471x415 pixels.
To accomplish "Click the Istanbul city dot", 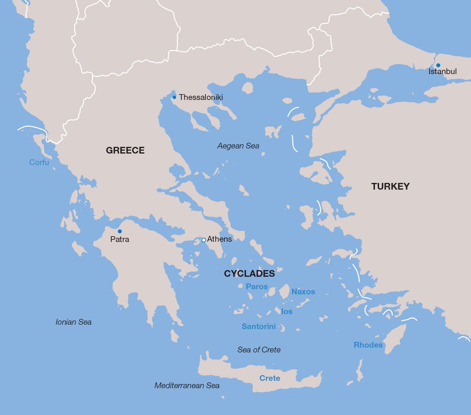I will (438, 65).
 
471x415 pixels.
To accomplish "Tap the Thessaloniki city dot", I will (174, 97).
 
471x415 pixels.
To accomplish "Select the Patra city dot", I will (120, 231).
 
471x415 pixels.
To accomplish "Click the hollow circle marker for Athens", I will (204, 240).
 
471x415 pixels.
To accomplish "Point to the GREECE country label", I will (125, 150).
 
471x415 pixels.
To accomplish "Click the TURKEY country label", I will (390, 186).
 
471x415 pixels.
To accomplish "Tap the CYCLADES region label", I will (249, 274).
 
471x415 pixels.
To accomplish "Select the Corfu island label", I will (39, 162).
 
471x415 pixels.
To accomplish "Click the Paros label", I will (257, 287).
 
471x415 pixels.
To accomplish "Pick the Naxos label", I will (303, 292).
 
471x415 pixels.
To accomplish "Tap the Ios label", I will (287, 312).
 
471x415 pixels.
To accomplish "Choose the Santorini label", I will (258, 327).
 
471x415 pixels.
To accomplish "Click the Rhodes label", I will (368, 345).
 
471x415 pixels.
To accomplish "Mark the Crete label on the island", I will (270, 378).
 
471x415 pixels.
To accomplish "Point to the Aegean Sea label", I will (238, 146).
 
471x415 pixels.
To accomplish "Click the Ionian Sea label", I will (73, 322).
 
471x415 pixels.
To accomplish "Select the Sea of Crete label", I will (259, 350).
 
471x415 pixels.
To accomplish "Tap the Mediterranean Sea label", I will (187, 386).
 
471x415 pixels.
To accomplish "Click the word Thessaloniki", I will (201, 97).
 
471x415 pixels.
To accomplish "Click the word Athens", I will (220, 239).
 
